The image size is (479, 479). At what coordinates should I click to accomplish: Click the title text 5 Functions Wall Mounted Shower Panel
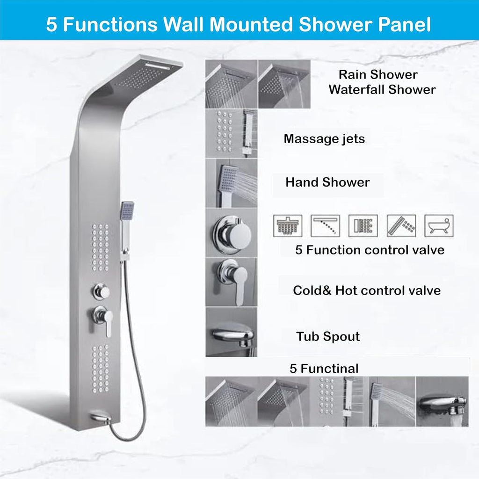pos(239,24)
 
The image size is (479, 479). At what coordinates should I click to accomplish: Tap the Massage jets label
pos(324,139)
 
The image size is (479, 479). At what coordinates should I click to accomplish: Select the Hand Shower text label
pos(327,182)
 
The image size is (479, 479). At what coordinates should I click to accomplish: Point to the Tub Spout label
pos(328,336)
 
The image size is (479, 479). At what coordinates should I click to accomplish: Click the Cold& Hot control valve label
pos(367,290)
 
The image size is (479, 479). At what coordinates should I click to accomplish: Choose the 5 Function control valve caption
pos(370,250)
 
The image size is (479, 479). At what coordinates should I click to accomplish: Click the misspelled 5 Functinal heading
pos(324,369)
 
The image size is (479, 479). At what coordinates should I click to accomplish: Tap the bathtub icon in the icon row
pos(439,225)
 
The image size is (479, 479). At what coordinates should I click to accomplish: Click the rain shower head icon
pos(287,225)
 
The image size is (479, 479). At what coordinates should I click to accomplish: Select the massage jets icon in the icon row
pos(363,225)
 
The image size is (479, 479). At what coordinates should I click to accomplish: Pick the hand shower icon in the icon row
pos(401,225)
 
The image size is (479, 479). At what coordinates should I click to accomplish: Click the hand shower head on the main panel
pos(127,211)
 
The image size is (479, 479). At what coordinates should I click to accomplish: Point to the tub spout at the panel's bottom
pos(100,415)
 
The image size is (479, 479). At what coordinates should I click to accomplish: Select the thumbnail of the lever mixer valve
pos(232,281)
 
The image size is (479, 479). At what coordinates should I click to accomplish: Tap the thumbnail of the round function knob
pos(232,232)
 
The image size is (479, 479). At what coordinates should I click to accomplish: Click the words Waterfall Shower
pos(382,89)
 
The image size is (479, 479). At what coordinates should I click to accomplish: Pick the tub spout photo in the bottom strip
pos(443,402)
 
